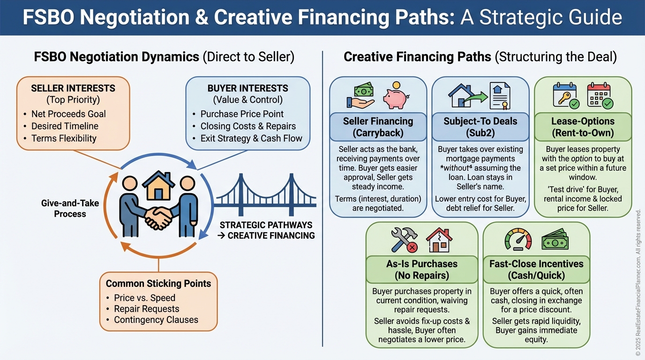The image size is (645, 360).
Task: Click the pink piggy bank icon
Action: click(x=394, y=96)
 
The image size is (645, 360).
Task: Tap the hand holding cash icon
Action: click(x=360, y=96)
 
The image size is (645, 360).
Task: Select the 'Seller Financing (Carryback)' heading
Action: click(x=378, y=127)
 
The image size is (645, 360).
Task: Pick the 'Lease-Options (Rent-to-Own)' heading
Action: click(x=583, y=127)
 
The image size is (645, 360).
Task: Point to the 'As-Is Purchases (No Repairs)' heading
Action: click(x=422, y=270)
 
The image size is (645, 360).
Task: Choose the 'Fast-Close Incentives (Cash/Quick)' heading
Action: click(x=536, y=270)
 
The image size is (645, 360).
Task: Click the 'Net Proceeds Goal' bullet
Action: click(x=68, y=114)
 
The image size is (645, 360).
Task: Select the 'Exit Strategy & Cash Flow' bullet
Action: click(x=251, y=138)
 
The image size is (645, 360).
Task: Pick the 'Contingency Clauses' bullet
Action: click(x=156, y=320)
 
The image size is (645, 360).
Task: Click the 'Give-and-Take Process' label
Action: click(x=63, y=209)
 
